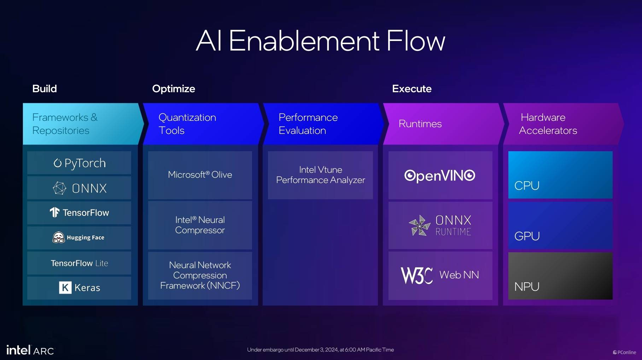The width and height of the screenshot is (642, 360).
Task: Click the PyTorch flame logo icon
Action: [57, 163]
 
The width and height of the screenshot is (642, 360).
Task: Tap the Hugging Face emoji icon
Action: [58, 237]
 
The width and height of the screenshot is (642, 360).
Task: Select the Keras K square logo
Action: [65, 288]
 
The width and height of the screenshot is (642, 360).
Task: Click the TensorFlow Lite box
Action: [79, 263]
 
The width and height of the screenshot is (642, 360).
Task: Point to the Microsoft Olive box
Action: [200, 175]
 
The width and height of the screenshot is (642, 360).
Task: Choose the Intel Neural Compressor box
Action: [200, 225]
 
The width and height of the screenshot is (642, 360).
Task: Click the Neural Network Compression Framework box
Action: [200, 276]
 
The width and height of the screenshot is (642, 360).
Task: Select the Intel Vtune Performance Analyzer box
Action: [320, 175]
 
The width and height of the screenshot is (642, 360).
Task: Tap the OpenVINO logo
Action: [440, 175]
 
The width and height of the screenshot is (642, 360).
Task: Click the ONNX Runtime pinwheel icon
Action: [420, 225]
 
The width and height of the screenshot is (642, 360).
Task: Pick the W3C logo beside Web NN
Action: [416, 275]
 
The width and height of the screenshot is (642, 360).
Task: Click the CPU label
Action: [527, 185]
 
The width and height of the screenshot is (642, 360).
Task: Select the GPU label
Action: [527, 236]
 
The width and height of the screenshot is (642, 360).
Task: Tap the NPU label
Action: [527, 287]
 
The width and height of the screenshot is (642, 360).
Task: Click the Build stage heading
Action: [45, 89]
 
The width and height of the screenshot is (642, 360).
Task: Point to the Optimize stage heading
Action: [174, 89]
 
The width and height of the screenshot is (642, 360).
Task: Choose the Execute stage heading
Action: [412, 89]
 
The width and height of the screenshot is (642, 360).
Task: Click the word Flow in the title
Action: [415, 41]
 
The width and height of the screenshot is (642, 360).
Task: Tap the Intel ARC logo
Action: [30, 350]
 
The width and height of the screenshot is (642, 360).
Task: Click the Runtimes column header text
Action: [420, 124]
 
